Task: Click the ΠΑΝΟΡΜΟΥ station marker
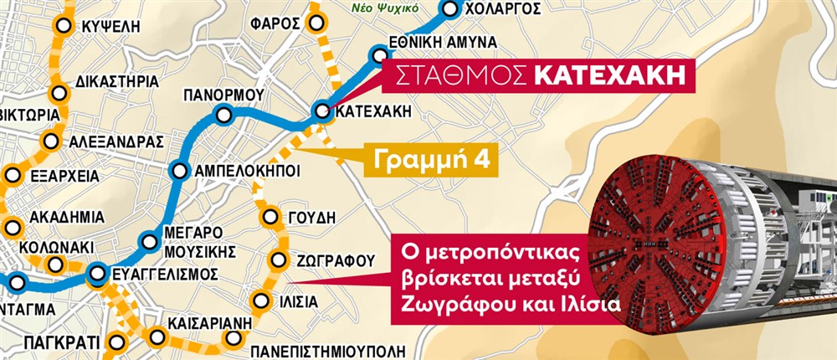[x=223, y=116]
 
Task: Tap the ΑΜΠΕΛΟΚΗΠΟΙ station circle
[x=180, y=171]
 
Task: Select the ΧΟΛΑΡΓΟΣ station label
[x=502, y=10]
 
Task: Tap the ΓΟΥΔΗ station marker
[x=270, y=219]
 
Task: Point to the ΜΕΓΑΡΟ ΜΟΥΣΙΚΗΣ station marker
[x=149, y=243]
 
